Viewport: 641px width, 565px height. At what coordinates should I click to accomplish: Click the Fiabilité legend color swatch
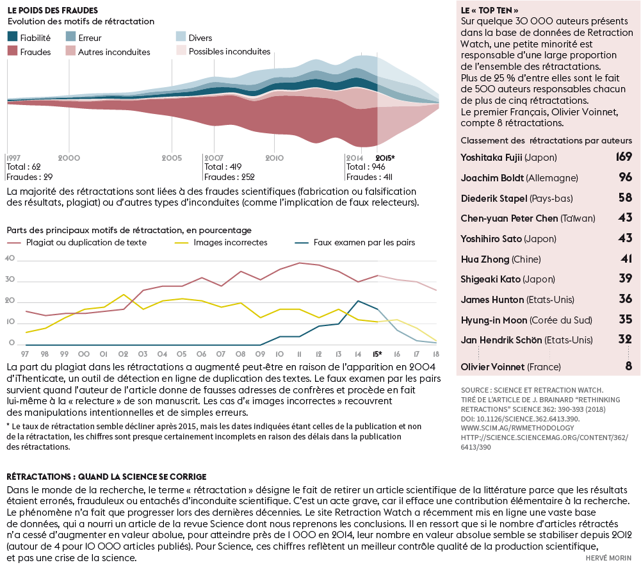(x=12, y=38)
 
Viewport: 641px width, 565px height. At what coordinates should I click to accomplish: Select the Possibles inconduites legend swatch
(x=181, y=51)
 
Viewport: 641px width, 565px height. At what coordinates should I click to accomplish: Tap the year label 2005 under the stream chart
(x=172, y=158)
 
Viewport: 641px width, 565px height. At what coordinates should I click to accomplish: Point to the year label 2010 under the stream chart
(x=274, y=158)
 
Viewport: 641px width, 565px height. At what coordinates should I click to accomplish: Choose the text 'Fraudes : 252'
(x=229, y=177)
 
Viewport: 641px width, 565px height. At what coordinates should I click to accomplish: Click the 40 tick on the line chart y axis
(x=10, y=259)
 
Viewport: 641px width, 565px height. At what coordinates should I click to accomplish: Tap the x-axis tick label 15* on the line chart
(x=378, y=354)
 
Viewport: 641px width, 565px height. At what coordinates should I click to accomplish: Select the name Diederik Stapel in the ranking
(x=491, y=199)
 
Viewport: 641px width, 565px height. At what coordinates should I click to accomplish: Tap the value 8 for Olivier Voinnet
(x=628, y=366)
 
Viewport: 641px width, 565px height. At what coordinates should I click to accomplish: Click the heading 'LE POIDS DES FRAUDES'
(x=53, y=10)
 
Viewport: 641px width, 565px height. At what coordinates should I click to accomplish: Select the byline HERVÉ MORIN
(x=608, y=558)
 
